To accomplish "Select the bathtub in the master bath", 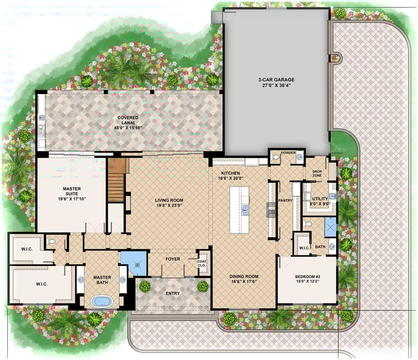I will [99, 301].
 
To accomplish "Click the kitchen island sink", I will [245, 211].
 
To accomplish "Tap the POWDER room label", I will [288, 153].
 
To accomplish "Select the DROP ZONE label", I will [317, 173].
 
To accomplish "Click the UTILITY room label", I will [320, 199].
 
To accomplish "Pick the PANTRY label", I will [285, 200].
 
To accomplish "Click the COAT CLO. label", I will [202, 262].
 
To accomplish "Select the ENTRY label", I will [172, 293].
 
